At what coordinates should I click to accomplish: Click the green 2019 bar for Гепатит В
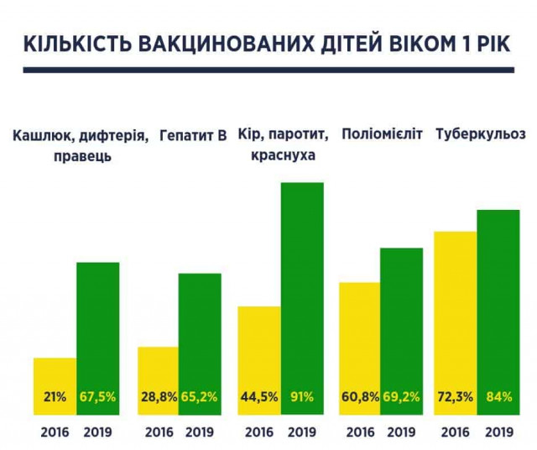(200, 336)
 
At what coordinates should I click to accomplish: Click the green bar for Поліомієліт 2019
(401, 319)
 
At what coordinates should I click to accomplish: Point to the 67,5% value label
(98, 396)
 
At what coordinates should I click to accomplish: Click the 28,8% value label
(158, 396)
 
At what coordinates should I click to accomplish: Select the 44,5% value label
(259, 396)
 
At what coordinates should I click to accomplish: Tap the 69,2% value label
(402, 396)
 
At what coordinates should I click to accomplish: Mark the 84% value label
(499, 396)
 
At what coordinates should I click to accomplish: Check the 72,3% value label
(456, 396)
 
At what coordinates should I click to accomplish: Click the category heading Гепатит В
(193, 134)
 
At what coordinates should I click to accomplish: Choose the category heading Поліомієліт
(383, 134)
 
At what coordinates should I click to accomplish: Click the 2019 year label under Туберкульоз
(499, 432)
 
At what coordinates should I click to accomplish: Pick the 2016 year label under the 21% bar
(55, 432)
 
